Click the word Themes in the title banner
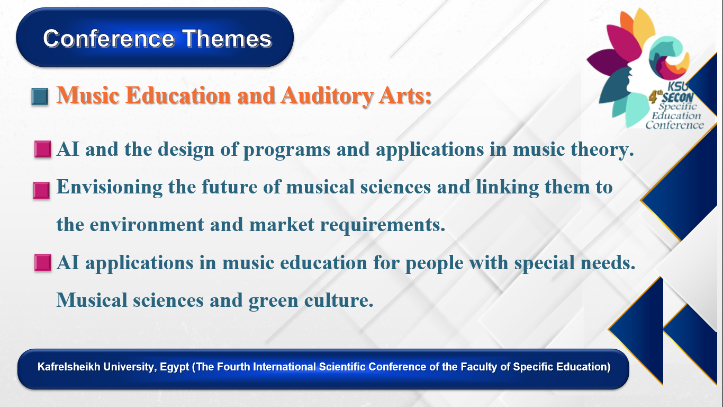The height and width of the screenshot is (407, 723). tap(227, 39)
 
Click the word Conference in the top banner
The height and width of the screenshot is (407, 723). tap(109, 39)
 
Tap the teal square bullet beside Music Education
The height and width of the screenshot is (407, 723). tap(40, 96)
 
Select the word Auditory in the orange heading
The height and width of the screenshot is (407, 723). tap(327, 96)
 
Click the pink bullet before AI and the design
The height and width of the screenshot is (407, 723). tap(42, 149)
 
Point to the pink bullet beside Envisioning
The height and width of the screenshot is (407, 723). tap(41, 190)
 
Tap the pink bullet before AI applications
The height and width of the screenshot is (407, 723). tap(42, 262)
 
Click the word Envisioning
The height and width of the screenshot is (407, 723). tap(110, 188)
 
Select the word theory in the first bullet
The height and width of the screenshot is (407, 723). tap(602, 150)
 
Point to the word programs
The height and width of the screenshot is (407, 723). tap(287, 150)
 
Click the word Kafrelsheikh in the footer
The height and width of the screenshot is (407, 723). tap(69, 367)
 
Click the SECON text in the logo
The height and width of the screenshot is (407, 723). tap(678, 97)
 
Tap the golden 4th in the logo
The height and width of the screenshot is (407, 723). tap(655, 96)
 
